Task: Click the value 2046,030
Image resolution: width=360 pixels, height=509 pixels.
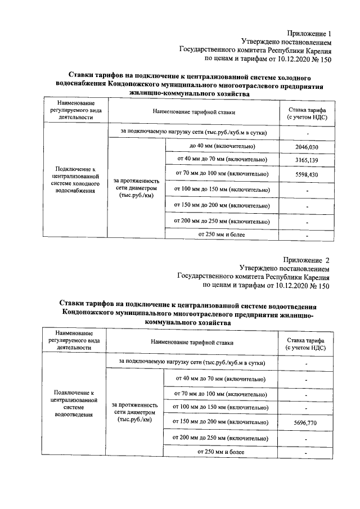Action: click(307, 147)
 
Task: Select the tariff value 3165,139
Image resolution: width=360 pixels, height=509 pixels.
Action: click(307, 161)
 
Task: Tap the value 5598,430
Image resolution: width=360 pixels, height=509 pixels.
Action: click(307, 175)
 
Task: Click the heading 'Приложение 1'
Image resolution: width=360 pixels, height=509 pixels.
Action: click(309, 34)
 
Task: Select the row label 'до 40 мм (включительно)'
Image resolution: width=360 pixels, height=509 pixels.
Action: click(223, 146)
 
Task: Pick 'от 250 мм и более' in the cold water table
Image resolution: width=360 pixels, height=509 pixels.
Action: click(223, 234)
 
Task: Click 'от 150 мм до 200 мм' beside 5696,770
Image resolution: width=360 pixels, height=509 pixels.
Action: click(220, 422)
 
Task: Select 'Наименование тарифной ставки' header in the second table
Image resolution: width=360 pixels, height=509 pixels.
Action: click(192, 342)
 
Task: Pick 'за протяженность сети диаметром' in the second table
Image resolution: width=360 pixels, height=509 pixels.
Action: click(135, 412)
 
